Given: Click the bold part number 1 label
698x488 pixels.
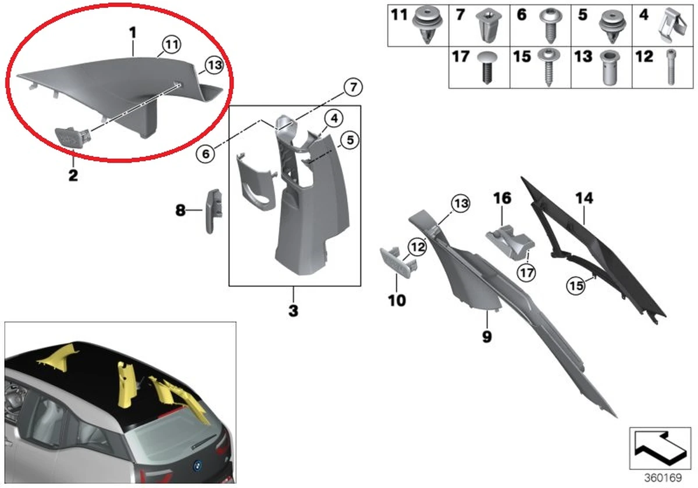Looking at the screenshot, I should tap(133, 33).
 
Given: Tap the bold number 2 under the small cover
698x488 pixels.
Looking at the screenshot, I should tap(73, 175).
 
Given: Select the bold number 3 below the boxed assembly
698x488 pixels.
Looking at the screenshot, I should tap(293, 311).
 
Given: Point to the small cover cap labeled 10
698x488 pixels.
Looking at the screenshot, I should tap(397, 259).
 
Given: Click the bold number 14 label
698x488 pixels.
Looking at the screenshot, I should tap(584, 198).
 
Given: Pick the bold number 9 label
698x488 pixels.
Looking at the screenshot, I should tap(486, 336).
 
